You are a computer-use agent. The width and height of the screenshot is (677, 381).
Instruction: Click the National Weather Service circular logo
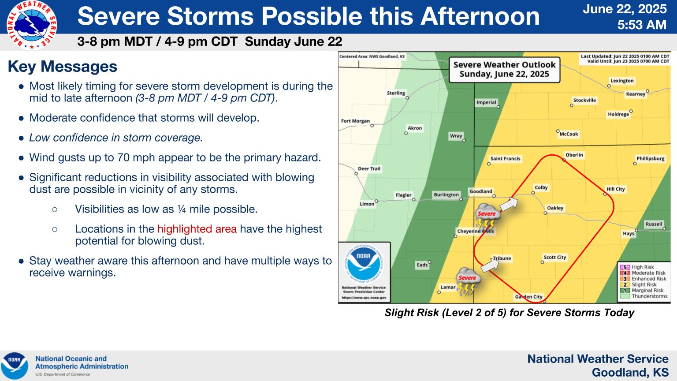(32, 25)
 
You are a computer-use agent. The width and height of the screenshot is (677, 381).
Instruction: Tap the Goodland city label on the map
(480, 191)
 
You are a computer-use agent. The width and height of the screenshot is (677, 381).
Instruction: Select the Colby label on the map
(541, 187)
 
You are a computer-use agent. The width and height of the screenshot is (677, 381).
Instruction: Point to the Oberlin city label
(574, 155)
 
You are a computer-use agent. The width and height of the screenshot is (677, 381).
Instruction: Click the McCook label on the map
(569, 134)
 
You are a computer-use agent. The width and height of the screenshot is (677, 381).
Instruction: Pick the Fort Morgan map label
(355, 121)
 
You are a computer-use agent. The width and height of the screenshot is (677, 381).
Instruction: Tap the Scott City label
(555, 258)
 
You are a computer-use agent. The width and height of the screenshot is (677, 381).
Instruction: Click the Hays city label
(629, 233)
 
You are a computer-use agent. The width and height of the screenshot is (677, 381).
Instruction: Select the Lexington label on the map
(622, 81)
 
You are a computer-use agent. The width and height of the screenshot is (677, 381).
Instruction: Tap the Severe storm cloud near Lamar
(467, 280)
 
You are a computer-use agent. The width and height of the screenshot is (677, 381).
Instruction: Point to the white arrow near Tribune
(490, 265)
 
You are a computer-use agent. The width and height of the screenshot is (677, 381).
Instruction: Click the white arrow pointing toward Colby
(509, 204)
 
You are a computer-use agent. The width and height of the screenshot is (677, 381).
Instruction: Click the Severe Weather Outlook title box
(504, 70)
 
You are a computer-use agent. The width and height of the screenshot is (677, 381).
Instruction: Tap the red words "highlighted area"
(197, 229)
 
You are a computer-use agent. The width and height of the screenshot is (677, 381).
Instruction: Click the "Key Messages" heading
(63, 67)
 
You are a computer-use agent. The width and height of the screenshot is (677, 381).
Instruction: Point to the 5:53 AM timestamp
(642, 25)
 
